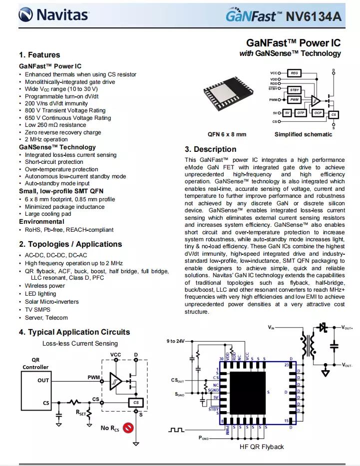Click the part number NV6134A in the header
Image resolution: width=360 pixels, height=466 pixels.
[314, 16]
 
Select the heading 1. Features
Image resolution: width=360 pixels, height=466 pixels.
[39, 55]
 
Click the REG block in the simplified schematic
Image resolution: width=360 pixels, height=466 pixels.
[295, 73]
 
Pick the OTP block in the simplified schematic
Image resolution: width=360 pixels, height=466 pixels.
[301, 113]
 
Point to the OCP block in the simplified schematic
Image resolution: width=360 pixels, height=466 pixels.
[318, 113]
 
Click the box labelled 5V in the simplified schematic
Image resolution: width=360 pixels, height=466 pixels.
[287, 113]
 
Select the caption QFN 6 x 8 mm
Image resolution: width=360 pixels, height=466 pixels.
[227, 134]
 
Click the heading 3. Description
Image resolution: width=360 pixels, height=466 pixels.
[210, 149]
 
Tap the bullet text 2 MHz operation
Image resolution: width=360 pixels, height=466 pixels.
[46, 139]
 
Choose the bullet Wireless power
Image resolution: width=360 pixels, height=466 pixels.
[45, 286]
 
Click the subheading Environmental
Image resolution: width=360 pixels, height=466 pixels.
[41, 222]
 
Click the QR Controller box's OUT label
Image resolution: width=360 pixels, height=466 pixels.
[43, 380]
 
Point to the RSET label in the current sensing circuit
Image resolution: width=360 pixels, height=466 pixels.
[80, 413]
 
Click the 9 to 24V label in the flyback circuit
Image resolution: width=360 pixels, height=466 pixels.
[175, 341]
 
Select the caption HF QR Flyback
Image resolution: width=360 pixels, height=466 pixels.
[262, 447]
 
